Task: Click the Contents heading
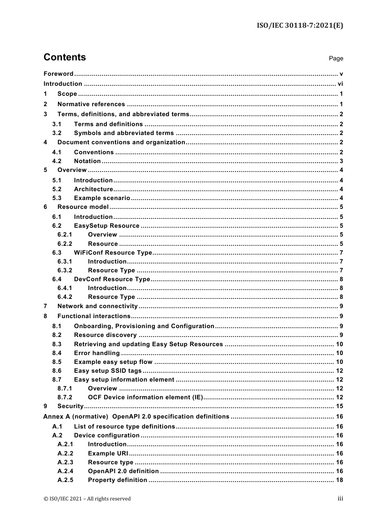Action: [65, 57]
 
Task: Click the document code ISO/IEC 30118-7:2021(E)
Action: [300, 25]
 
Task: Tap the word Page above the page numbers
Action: [336, 58]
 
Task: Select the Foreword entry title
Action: [58, 74]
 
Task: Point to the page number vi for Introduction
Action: [340, 84]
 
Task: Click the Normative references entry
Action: [91, 104]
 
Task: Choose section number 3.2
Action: [57, 133]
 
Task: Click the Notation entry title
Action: [87, 161]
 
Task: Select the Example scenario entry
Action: [102, 198]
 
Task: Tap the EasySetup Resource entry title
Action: [106, 226]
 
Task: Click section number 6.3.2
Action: [65, 270]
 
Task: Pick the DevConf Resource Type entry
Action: [112, 279]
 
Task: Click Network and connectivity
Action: [97, 306]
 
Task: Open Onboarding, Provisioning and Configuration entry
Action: [144, 326]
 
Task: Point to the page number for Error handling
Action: [339, 353]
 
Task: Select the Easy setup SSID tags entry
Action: [107, 371]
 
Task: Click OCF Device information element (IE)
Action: [145, 397]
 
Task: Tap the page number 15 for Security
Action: [339, 406]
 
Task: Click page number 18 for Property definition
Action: [339, 480]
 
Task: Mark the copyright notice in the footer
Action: [87, 499]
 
